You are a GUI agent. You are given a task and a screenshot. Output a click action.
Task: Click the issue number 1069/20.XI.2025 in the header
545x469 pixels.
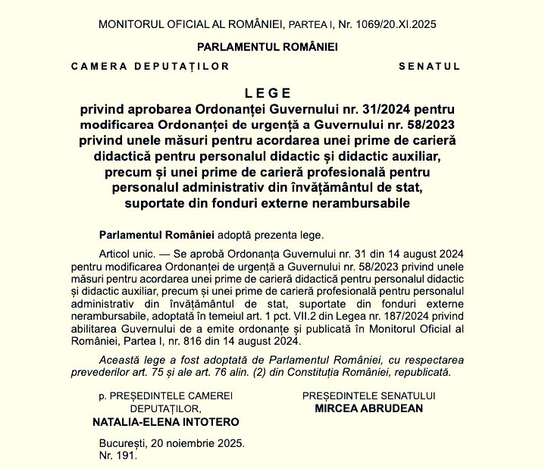pos(393,24)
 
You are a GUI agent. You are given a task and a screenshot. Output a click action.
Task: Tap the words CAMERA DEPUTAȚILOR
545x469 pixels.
pos(150,67)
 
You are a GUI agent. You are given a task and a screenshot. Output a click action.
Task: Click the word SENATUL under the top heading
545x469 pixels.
pos(430,67)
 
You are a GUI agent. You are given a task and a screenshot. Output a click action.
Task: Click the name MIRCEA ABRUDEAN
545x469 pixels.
pos(368,408)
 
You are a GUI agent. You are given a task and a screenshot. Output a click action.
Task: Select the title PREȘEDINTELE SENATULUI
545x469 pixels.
pos(368,396)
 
